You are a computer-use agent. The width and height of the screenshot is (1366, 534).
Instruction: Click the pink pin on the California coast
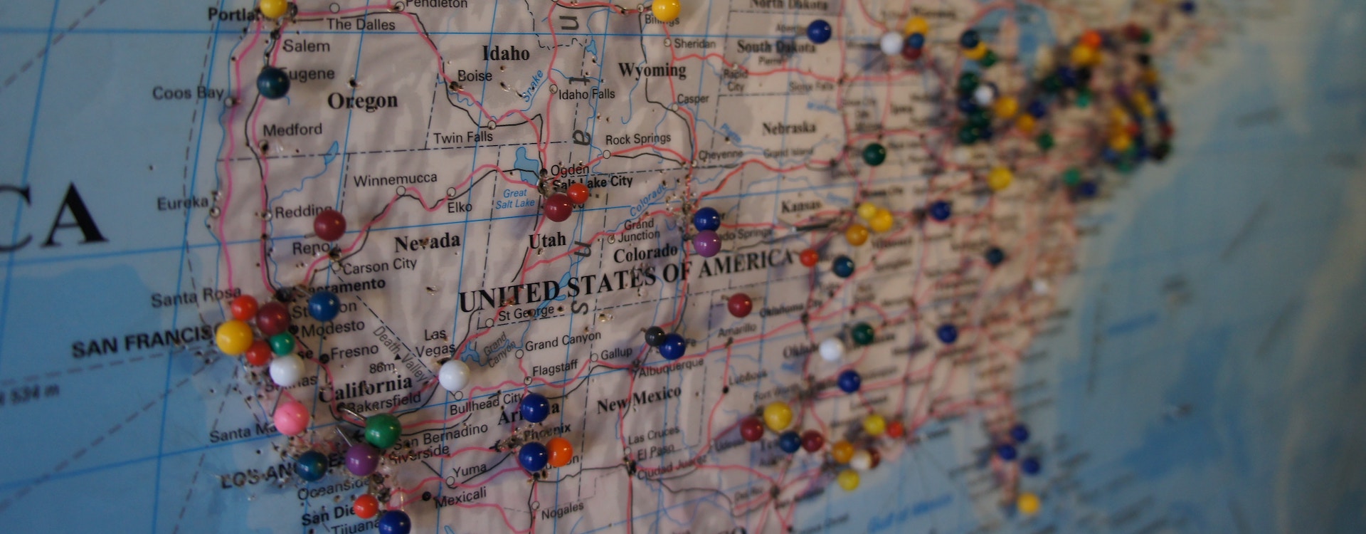pos(292,418)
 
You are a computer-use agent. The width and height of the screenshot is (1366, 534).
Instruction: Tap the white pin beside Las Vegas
pos(454,375)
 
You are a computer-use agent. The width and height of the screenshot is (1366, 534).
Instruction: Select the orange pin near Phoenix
pos(559,451)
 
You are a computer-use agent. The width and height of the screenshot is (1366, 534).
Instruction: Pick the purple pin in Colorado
pos(706,244)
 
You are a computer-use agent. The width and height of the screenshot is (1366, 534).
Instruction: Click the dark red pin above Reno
pos(329,225)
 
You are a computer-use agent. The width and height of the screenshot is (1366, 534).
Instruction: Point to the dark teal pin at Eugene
pos(272,83)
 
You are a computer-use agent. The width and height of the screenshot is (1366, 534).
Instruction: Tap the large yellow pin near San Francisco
pos(234,337)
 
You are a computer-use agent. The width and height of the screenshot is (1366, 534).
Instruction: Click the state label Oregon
pos(362,101)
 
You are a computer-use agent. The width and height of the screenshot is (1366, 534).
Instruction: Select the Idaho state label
pos(506,53)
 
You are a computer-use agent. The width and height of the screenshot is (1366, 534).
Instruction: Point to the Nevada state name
pos(427,242)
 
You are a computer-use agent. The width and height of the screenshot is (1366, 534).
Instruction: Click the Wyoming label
pos(652,70)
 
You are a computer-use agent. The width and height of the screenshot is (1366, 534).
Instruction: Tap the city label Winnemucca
pos(395,179)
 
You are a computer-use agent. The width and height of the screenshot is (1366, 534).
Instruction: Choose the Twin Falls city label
pos(462,137)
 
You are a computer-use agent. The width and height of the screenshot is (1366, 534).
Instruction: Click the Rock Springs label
pos(637,139)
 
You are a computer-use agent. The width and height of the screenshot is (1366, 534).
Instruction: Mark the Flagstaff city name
pos(555,369)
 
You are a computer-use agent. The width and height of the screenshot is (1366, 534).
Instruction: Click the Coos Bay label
pos(188,93)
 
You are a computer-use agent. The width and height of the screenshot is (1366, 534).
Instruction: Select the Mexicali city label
pos(461,496)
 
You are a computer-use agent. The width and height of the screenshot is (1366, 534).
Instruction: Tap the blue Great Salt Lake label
pos(515,199)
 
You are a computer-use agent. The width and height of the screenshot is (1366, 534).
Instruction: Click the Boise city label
pos(475,76)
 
